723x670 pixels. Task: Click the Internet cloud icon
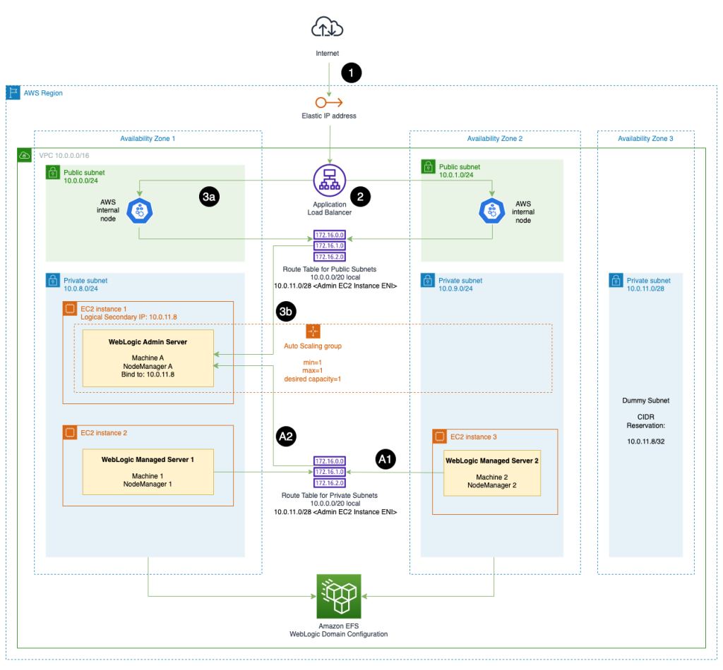tap(327, 28)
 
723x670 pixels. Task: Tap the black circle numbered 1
tap(351, 73)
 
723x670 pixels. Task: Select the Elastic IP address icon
tap(328, 102)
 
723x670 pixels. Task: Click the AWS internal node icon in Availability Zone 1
tap(138, 209)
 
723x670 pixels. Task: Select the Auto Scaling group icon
tap(313, 331)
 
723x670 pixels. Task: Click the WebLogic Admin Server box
tap(148, 358)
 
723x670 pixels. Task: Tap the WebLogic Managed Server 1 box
tap(148, 471)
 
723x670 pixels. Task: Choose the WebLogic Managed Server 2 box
tap(491, 473)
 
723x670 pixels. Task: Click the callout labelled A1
tap(385, 460)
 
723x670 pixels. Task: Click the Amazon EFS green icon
tap(339, 596)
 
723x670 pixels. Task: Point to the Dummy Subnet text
tap(645, 401)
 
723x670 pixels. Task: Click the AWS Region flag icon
tap(13, 93)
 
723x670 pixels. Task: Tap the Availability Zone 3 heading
tap(645, 139)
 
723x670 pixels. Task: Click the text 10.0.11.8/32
tap(645, 440)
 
